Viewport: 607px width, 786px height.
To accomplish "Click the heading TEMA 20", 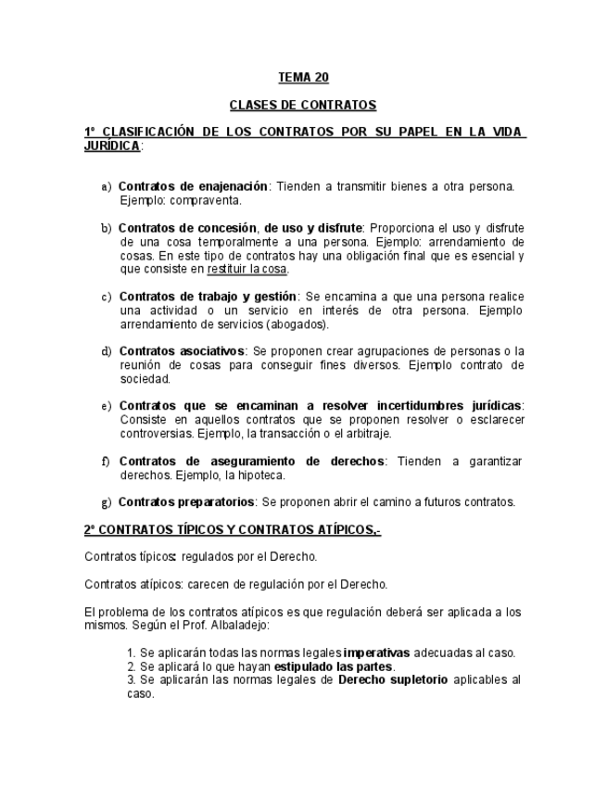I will (x=303, y=78).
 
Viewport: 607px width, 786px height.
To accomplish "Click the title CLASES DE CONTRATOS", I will (x=303, y=106).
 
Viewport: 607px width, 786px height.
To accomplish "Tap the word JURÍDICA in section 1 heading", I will (x=112, y=146).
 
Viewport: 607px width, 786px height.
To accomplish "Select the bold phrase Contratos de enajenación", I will (x=194, y=186).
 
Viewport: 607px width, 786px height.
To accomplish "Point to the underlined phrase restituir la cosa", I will (x=247, y=270).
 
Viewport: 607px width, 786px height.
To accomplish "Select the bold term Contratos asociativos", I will (x=182, y=351).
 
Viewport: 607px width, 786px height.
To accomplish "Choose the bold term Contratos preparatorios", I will (x=187, y=502).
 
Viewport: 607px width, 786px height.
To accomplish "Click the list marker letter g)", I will (x=107, y=502).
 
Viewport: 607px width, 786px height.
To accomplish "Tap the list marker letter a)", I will (x=107, y=187).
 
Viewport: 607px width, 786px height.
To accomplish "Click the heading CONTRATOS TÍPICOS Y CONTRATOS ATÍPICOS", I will (x=232, y=530).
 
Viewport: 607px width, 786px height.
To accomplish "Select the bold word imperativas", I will (x=379, y=653).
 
